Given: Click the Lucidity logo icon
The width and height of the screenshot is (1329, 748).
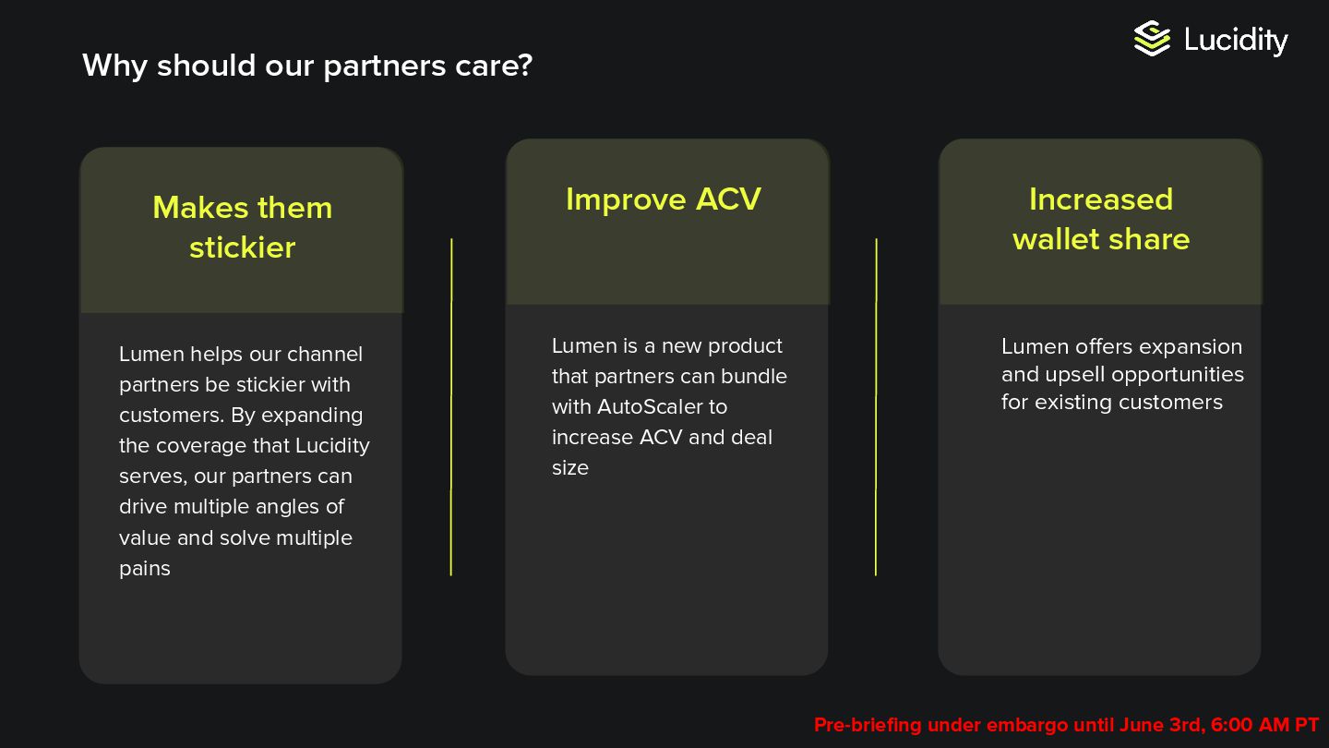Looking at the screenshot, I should (1152, 39).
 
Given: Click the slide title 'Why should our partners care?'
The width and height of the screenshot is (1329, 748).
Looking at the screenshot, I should (307, 66).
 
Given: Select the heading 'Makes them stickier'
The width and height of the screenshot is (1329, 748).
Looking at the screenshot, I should (242, 227).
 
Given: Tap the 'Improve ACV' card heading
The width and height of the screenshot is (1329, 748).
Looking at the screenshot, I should (663, 199).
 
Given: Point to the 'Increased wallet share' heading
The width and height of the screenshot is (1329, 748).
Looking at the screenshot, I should (1100, 219).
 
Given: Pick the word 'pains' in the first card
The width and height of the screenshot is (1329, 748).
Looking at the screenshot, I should (145, 569).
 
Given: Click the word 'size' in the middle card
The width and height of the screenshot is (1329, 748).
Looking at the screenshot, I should (569, 468).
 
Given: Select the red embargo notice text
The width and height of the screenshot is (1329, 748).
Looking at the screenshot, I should (1066, 725).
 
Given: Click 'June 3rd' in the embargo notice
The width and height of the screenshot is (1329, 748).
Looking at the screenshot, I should (1161, 725).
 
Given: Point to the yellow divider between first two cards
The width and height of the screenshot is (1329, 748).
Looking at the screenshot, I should (451, 406).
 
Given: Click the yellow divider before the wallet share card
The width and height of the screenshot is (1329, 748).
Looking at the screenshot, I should (876, 406).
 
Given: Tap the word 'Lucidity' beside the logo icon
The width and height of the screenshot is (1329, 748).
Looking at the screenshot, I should (1236, 40).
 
